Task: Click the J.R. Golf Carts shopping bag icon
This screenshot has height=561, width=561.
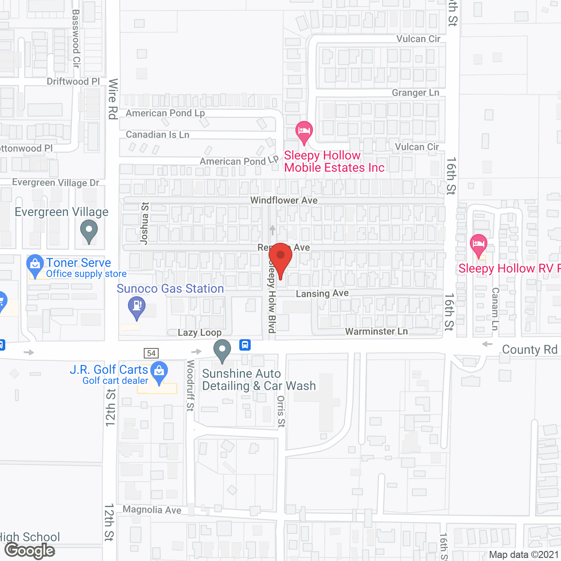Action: click(159, 371)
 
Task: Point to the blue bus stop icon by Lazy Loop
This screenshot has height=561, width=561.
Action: click(245, 345)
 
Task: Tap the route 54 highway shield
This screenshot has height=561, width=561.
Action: click(151, 353)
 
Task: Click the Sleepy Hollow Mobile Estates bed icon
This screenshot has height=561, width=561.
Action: click(304, 131)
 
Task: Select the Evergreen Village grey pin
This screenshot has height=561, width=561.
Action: click(89, 229)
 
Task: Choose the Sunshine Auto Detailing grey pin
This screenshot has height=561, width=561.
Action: click(222, 350)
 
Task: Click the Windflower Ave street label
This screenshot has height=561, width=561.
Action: click(284, 200)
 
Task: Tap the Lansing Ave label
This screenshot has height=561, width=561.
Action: click(322, 293)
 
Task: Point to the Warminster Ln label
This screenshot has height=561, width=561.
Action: click(376, 331)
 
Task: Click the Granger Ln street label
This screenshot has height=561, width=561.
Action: click(415, 92)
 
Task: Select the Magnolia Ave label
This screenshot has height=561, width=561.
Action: click(152, 510)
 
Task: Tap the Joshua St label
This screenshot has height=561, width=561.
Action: click(144, 223)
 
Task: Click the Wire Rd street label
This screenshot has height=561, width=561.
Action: click(113, 99)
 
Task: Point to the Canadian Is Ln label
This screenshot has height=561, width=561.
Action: click(158, 135)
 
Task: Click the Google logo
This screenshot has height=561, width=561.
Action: click(30, 550)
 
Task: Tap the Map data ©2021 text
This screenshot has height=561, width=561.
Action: click(524, 554)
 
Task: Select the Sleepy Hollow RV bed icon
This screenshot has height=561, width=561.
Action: click(478, 244)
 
